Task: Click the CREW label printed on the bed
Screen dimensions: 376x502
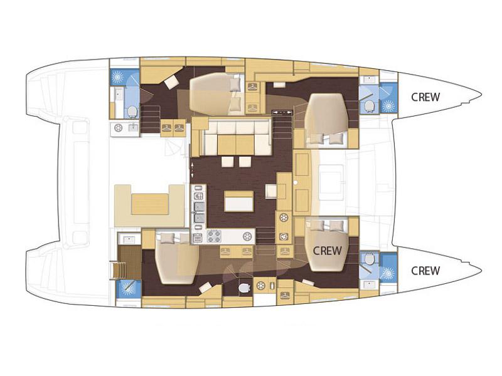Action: pyautogui.click(x=327, y=251)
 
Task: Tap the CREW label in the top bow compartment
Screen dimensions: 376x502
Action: pyautogui.click(x=425, y=97)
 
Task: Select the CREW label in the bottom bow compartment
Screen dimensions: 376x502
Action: pyautogui.click(x=425, y=271)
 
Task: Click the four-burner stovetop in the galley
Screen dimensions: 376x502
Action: pyautogui.click(x=214, y=236)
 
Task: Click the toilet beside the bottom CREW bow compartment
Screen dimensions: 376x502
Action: pyautogui.click(x=370, y=259)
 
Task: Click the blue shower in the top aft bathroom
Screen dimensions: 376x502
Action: pyautogui.click(x=118, y=76)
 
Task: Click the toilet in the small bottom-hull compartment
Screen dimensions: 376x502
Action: pyautogui.click(x=244, y=288)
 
